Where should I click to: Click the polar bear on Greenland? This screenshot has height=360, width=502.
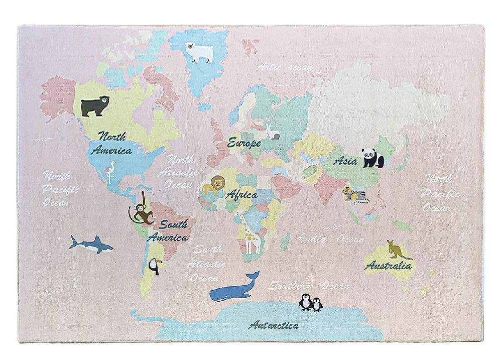[199, 52]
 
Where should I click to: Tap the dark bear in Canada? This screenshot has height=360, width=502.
[95, 106]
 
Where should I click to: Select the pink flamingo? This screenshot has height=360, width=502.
[109, 170]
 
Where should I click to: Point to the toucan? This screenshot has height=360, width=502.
[154, 266]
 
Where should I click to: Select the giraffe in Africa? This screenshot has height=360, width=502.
[248, 233]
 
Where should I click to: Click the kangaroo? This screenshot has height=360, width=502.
[396, 250]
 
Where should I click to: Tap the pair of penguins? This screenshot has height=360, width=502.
[311, 303]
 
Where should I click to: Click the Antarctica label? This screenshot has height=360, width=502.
[274, 325]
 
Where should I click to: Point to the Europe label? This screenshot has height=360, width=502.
[244, 143]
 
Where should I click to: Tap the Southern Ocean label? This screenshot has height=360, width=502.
[308, 286]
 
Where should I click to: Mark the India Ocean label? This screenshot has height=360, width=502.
[331, 239]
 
